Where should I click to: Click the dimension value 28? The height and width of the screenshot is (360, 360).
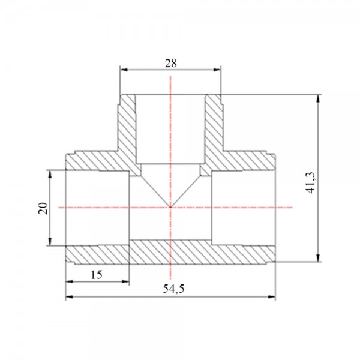click(x=171, y=63)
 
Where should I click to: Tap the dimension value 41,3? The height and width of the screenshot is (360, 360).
click(x=311, y=183)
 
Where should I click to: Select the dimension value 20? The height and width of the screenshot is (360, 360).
click(x=43, y=208)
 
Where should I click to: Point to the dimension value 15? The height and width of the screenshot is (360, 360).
click(x=97, y=275)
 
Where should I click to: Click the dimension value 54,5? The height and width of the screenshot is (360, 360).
click(x=173, y=289)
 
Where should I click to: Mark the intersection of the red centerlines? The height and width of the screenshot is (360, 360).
click(x=170, y=208)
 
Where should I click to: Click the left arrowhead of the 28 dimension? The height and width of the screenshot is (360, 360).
click(x=124, y=70)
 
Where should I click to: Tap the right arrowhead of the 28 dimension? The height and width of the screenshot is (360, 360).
click(x=217, y=70)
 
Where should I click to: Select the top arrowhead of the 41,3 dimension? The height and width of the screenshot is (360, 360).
click(x=318, y=98)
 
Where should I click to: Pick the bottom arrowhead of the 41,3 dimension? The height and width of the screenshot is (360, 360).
click(x=318, y=257)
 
